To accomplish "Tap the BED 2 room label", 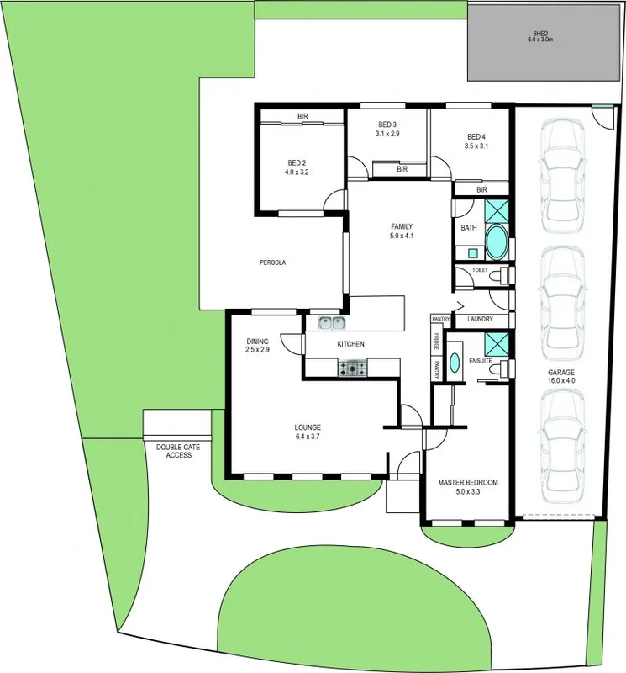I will [x=297, y=162].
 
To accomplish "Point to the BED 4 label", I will [x=476, y=136].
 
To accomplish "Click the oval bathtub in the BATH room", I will [x=497, y=242].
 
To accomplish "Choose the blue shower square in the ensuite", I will [x=497, y=343].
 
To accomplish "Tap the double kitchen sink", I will [x=332, y=323].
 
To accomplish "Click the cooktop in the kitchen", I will [x=353, y=367].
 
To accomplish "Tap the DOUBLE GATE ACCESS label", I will [x=174, y=450].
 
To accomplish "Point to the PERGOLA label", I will [x=272, y=263].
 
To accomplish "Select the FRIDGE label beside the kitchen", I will [x=437, y=342].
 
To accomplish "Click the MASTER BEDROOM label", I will [x=468, y=483].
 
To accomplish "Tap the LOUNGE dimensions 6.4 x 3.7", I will [x=308, y=437].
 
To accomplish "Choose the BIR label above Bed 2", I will [x=301, y=116].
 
